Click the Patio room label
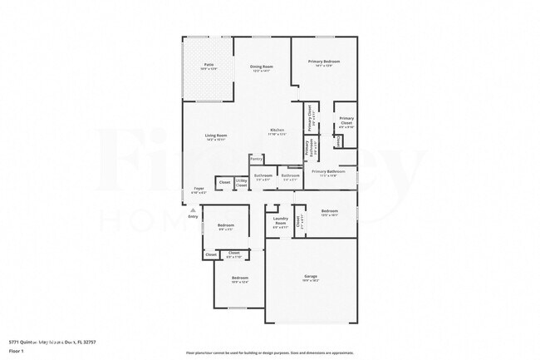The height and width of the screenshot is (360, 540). pyautogui.click(x=209, y=65)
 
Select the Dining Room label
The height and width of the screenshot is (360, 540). pyautogui.click(x=262, y=67)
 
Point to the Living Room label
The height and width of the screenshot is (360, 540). pyautogui.click(x=216, y=136)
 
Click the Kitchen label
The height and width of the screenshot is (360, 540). pyautogui.click(x=277, y=130)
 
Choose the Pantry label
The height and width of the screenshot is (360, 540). pyautogui.click(x=257, y=158)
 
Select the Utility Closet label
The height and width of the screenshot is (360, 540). pyautogui.click(x=241, y=182)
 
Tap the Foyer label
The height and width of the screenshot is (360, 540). pyautogui.click(x=198, y=190)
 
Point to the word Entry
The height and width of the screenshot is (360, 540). pyautogui.click(x=193, y=217)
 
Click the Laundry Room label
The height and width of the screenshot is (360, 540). pyautogui.click(x=280, y=220)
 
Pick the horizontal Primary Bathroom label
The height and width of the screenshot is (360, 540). pyautogui.click(x=323, y=172)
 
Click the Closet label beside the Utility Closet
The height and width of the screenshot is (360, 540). pyautogui.click(x=224, y=181)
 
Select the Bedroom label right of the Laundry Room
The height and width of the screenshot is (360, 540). pyautogui.click(x=330, y=210)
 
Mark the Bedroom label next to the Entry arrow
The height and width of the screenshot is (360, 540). pyautogui.click(x=226, y=225)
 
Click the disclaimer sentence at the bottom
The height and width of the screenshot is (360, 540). pyautogui.click(x=270, y=353)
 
